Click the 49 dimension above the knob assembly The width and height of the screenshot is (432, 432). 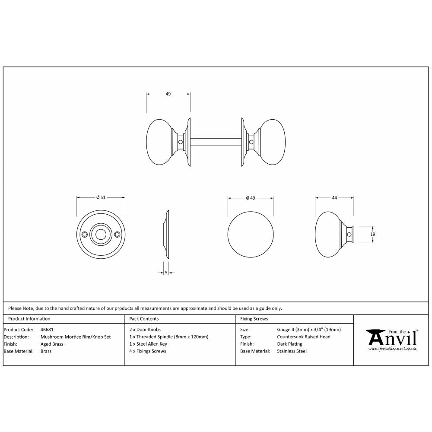tap(168, 94)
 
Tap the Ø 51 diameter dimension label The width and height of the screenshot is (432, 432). tap(101, 197)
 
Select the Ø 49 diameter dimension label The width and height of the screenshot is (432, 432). tap(251, 198)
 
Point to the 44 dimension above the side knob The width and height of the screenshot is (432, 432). tap(334, 197)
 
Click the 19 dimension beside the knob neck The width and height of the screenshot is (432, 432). tap(373, 234)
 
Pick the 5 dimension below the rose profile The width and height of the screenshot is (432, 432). tap(166, 273)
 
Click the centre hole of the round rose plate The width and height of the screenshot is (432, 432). tap(101, 234)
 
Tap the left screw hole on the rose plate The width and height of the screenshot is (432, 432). tap(85, 234)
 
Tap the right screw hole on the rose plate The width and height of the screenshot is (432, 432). tap(117, 234)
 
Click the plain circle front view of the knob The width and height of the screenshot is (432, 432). tap(251, 234)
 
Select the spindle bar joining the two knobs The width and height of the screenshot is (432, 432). tap(215, 142)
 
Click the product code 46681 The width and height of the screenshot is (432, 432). tap(47, 330)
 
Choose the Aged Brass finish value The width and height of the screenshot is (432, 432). tap(52, 344)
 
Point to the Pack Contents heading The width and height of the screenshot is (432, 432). tap(144, 319)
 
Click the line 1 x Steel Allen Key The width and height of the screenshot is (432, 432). tap(148, 344)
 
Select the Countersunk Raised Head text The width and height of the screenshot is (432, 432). tap(303, 337)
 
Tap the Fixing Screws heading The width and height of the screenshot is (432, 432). tap(254, 319)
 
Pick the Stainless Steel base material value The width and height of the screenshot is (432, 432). tap(292, 351)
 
